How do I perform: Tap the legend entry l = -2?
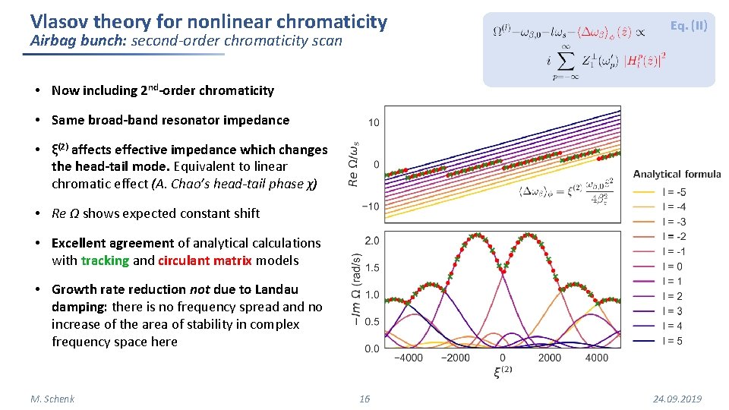672,237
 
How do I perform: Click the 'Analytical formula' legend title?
677,174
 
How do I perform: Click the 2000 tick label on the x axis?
549,358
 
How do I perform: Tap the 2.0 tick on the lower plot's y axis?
371,241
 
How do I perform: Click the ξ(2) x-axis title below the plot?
502,372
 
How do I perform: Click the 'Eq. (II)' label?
688,26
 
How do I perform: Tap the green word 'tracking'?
105,260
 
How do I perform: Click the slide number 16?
364,399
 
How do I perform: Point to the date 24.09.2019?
677,399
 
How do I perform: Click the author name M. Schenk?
52,399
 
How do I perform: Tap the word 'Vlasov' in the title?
58,21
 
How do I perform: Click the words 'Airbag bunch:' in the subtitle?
77,41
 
